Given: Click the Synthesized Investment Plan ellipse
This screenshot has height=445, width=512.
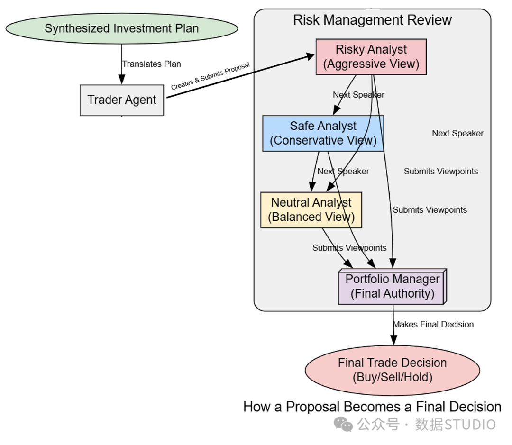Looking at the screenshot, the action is (x=122, y=28).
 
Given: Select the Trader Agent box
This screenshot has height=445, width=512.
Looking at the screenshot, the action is (x=122, y=100).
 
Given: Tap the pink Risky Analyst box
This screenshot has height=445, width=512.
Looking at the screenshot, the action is (x=371, y=57).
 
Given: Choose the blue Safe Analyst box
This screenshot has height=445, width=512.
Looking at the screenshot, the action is (x=323, y=133).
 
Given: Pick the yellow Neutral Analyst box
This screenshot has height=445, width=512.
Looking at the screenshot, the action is (x=311, y=209).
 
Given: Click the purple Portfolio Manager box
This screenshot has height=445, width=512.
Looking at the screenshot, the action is (x=393, y=286).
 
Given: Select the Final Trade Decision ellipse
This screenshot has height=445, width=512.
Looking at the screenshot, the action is (x=393, y=370).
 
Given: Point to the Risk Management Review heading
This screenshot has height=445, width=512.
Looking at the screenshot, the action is (x=372, y=20).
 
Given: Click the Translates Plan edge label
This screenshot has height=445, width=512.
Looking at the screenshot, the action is (x=152, y=64).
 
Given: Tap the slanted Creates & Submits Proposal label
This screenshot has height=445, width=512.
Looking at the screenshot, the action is (x=210, y=76).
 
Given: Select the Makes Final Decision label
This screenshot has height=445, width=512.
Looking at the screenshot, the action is (x=433, y=324).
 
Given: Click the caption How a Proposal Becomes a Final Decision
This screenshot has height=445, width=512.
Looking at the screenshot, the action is (x=372, y=407).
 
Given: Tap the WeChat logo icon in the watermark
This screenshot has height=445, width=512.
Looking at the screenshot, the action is (x=343, y=424).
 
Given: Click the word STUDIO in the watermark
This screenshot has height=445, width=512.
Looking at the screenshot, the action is (x=470, y=425).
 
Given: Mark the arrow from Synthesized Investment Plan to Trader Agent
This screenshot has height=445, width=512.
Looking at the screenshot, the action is (x=122, y=64).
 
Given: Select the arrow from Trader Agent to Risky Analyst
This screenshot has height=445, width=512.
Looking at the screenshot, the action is (x=240, y=76).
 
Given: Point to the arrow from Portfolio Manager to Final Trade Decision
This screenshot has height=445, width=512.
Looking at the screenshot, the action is (x=393, y=324).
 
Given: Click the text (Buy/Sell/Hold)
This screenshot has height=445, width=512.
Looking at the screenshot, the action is (x=393, y=377).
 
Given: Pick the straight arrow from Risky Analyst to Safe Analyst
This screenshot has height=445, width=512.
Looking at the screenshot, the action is (x=345, y=95).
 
